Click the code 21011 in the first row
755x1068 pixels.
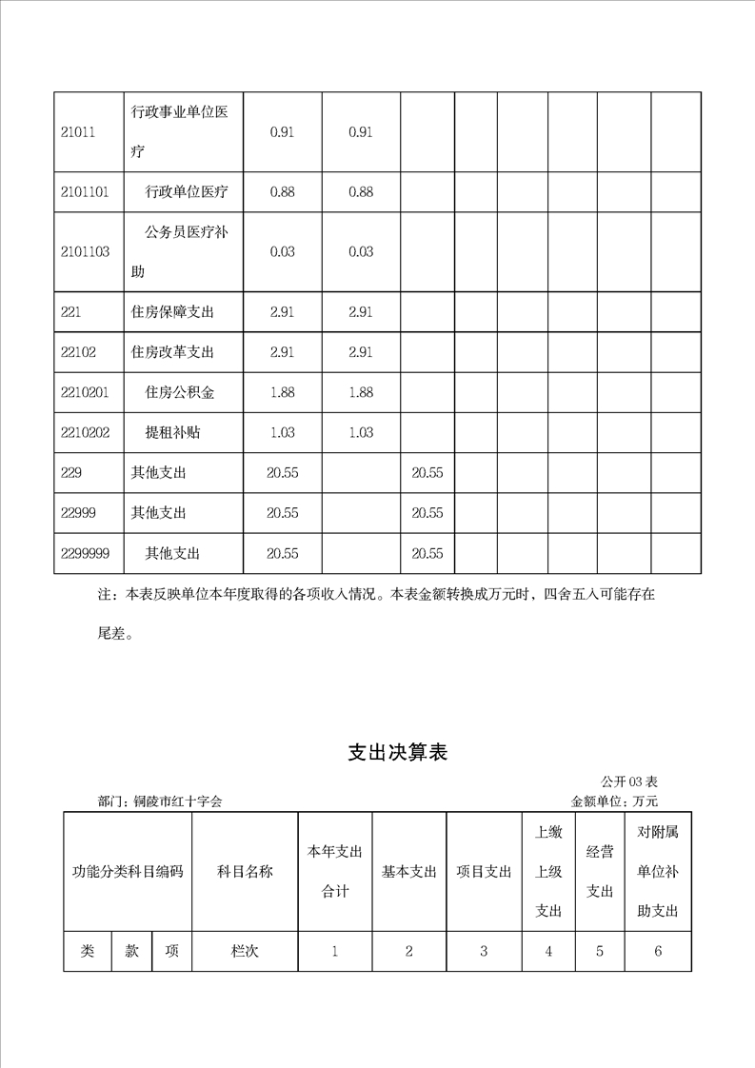[78, 132]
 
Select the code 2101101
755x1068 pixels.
[85, 192]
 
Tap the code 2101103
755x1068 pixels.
[85, 252]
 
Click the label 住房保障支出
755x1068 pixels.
[172, 312]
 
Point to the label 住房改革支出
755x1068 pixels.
[172, 352]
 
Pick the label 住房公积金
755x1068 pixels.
[179, 392]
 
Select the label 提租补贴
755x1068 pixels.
[172, 432]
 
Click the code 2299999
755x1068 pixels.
[85, 553]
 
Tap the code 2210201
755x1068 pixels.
[85, 392]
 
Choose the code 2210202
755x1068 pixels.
[85, 432]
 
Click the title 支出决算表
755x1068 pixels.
[397, 753]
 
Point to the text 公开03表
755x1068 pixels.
[630, 782]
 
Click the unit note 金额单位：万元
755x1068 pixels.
[614, 802]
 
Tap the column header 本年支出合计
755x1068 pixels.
[335, 872]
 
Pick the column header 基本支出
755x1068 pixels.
[409, 872]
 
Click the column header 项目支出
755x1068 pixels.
[484, 872]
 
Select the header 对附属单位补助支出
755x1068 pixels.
[658, 872]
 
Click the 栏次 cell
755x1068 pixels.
[245, 951]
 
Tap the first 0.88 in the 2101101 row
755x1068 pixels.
[282, 192]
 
